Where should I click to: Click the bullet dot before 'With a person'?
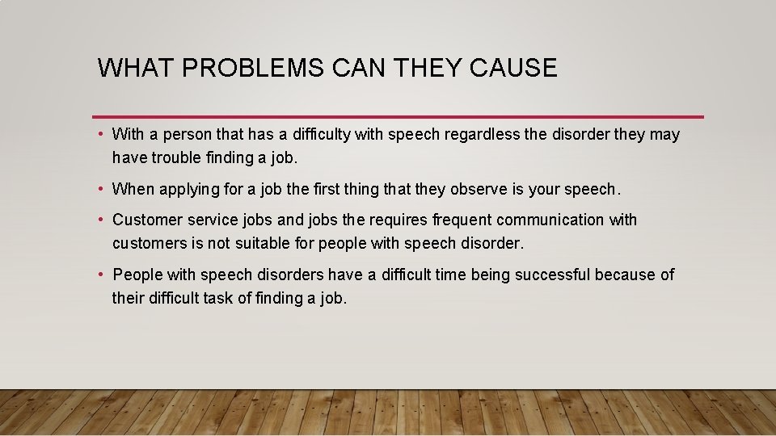point(99,134)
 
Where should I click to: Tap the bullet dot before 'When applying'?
point(99,189)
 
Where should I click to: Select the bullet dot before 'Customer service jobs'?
point(99,220)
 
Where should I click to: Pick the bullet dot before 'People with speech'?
point(99,275)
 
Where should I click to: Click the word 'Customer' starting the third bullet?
point(147,220)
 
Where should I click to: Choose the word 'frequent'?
point(462,220)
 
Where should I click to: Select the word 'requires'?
point(399,220)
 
